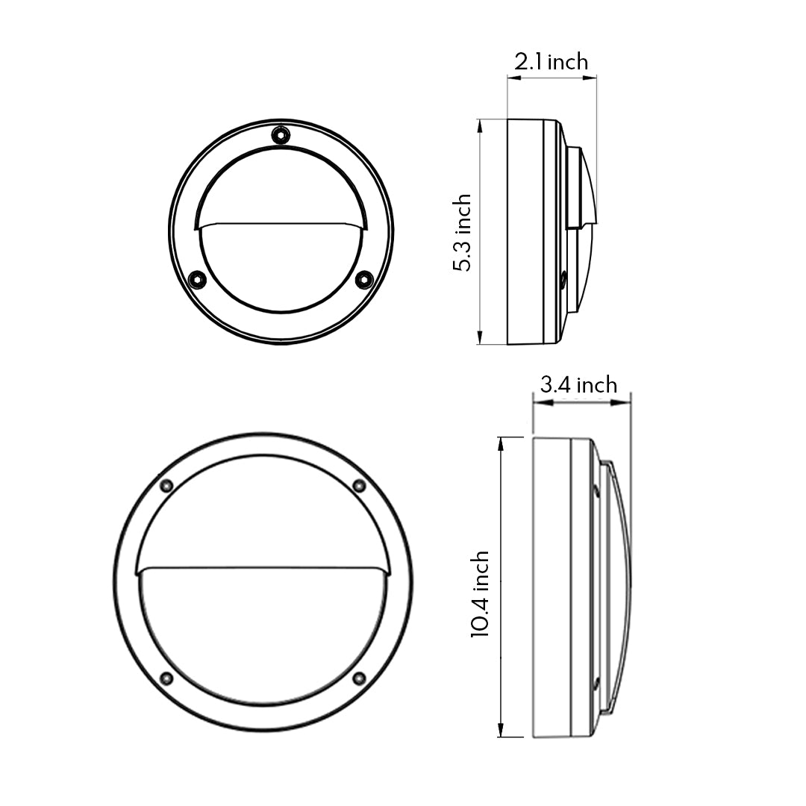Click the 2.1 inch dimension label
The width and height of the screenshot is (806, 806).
tap(551, 62)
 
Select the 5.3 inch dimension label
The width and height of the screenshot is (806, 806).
tap(463, 232)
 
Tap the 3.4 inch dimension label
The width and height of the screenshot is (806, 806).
tap(578, 385)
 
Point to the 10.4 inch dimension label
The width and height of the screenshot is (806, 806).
tap(480, 594)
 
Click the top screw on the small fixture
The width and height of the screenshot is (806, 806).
tap(281, 135)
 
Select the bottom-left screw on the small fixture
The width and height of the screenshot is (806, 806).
tap(197, 280)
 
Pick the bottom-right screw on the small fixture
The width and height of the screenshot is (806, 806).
tap(363, 280)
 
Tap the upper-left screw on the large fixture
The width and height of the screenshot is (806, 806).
tap(166, 486)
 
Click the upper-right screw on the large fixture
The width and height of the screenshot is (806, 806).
tap(359, 486)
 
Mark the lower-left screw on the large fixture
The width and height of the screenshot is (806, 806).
tap(166, 678)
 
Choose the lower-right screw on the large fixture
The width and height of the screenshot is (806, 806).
tap(359, 678)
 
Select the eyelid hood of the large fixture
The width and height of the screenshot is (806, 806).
tap(263, 515)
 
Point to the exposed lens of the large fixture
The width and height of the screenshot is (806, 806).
tap(263, 634)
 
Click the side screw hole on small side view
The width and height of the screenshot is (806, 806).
tap(563, 281)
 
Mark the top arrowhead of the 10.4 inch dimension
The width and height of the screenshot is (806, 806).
tap(500, 445)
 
